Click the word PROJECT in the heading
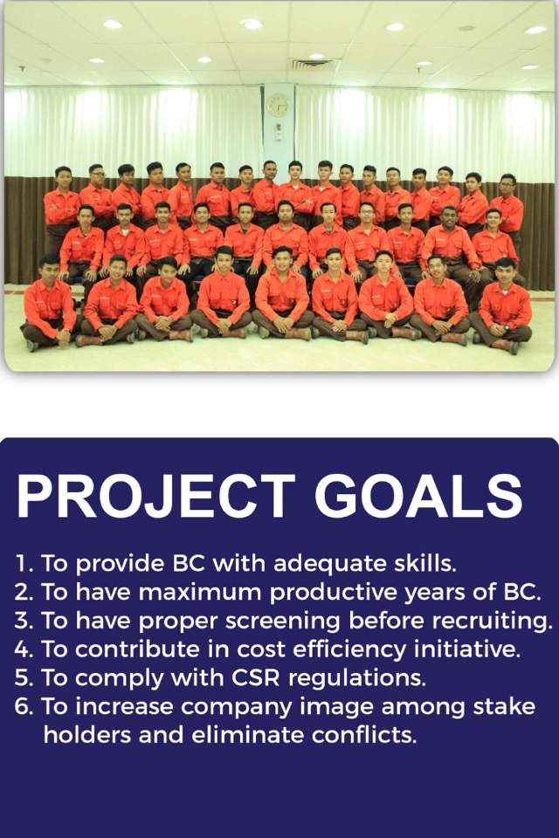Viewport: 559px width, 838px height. click(155, 496)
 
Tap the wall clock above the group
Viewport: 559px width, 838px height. click(278, 106)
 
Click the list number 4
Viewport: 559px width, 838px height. click(24, 649)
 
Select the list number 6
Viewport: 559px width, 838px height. click(24, 707)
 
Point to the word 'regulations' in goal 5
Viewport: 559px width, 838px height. click(356, 679)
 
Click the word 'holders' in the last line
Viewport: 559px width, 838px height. click(87, 735)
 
